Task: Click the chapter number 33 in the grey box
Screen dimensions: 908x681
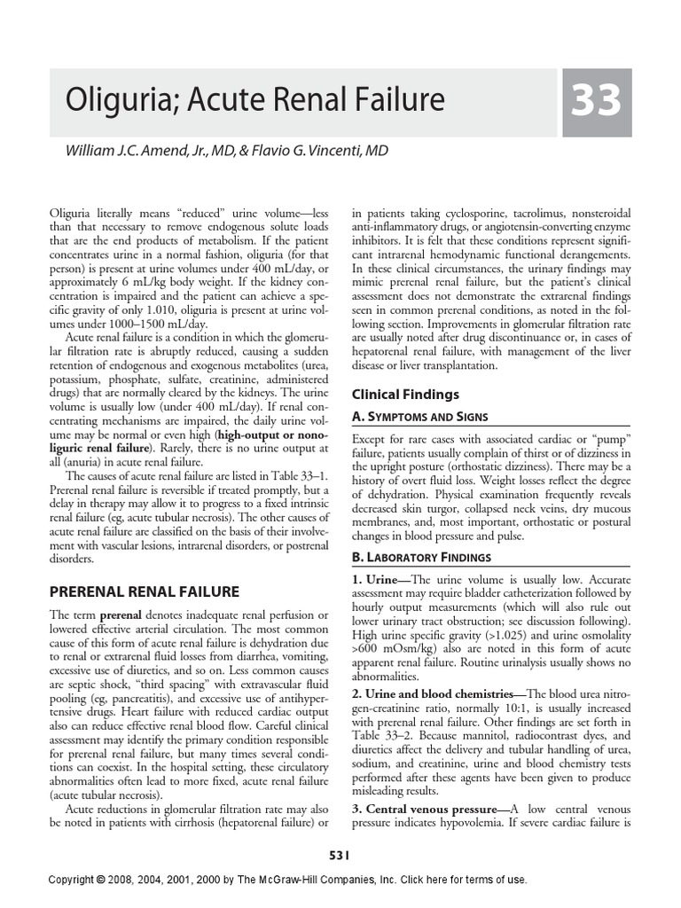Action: coord(595,102)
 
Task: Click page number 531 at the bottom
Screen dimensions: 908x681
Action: coord(340,855)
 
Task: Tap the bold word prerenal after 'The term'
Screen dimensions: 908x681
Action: coord(119,614)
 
